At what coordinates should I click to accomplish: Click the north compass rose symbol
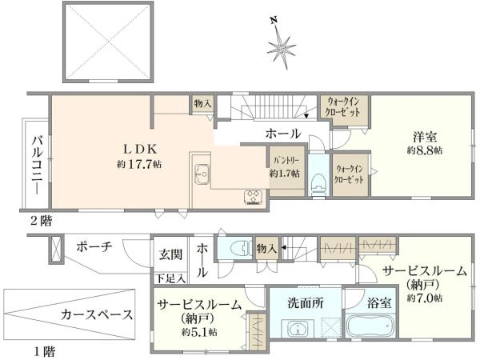(x=282, y=47)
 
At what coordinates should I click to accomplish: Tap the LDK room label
(x=140, y=149)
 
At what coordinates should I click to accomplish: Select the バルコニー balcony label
(x=38, y=166)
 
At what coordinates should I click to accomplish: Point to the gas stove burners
(x=253, y=197)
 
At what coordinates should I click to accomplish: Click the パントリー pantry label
(x=286, y=160)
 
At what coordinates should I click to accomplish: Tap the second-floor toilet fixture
(x=318, y=183)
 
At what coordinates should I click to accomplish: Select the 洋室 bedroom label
(x=425, y=137)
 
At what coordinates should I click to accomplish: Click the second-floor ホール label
(x=283, y=134)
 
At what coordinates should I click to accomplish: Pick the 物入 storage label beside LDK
(x=202, y=103)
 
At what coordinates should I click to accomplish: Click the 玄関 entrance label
(x=170, y=254)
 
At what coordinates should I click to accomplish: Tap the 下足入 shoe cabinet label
(x=170, y=278)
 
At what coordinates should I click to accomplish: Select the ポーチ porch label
(x=94, y=246)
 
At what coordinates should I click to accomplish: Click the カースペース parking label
(x=97, y=314)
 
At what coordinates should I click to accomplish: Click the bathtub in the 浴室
(x=370, y=326)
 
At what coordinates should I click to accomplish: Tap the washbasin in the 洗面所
(x=297, y=329)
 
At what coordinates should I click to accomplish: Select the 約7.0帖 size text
(x=425, y=298)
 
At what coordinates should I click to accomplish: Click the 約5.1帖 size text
(x=199, y=332)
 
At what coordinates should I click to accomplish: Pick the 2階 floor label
(x=41, y=221)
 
